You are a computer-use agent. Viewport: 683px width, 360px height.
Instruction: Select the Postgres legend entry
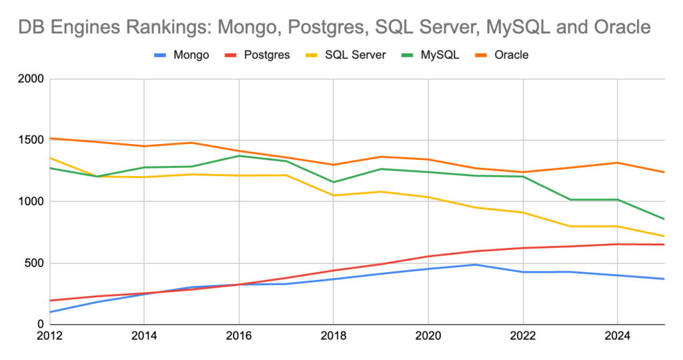[265, 55]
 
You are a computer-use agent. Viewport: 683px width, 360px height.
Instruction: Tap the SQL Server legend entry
[353, 55]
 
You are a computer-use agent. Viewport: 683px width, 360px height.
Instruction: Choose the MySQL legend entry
[438, 55]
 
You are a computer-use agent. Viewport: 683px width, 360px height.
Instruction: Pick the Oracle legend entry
[511, 55]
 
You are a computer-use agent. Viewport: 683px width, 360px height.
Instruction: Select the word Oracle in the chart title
[620, 28]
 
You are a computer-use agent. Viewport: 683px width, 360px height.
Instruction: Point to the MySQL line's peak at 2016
[239, 156]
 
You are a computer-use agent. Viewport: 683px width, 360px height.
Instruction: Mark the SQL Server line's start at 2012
[50, 158]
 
